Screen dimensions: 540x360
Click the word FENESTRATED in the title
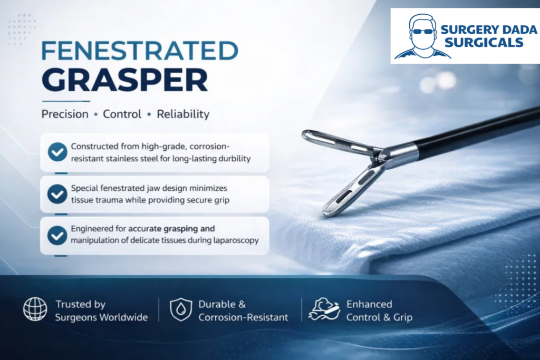(140, 51)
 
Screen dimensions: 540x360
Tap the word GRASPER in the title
(124, 80)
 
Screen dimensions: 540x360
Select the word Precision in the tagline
(65, 114)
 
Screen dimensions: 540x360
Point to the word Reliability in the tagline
(183, 114)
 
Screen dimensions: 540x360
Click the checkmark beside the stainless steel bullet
(57, 152)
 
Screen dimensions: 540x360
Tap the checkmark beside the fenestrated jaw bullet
(57, 194)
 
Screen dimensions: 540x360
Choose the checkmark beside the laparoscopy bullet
(57, 236)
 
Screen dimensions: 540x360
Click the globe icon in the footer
(35, 309)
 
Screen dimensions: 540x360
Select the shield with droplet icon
(181, 309)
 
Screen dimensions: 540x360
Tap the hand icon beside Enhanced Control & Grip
(324, 309)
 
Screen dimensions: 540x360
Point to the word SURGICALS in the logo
(484, 43)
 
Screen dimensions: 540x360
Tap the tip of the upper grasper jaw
(305, 135)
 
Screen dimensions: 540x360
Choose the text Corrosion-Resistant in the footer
(243, 317)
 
